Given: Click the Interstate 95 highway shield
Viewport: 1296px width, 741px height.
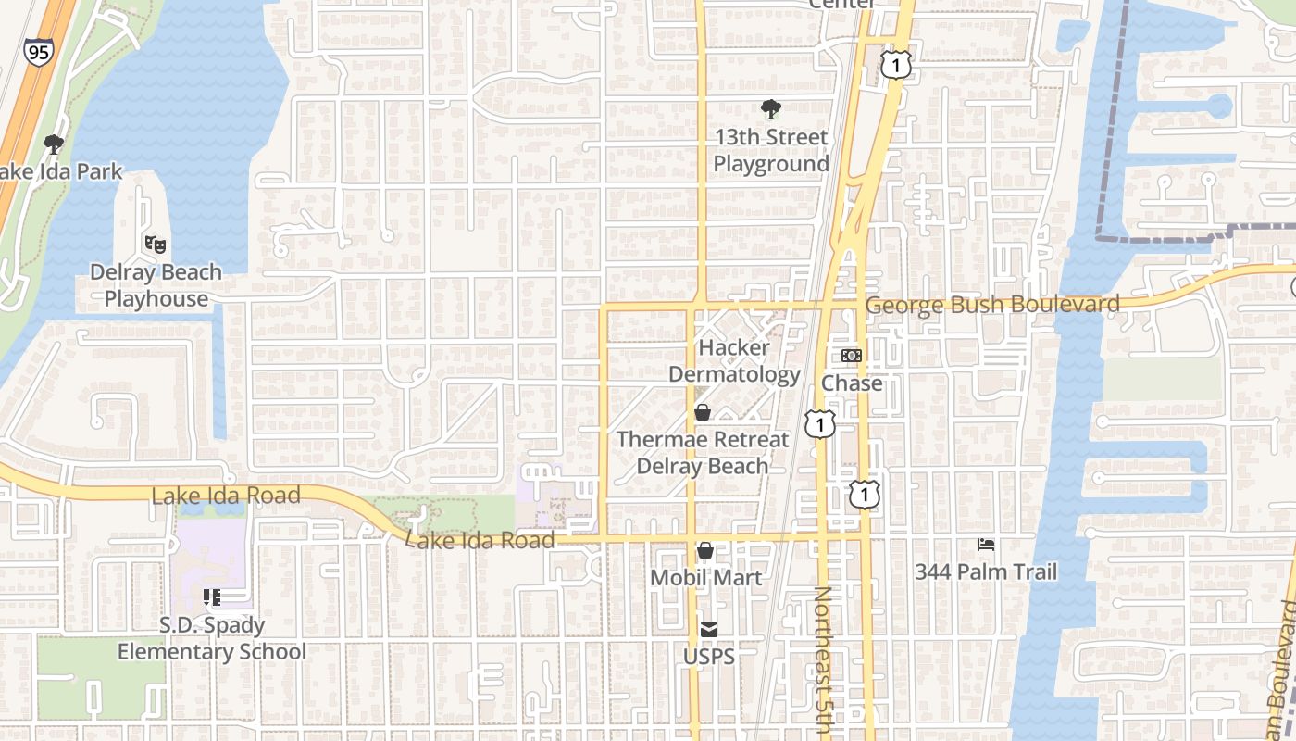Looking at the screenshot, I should click(39, 51).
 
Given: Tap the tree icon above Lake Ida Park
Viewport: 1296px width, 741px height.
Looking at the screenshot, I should click(54, 144).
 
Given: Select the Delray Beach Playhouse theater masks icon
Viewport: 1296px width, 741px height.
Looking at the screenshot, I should click(155, 245).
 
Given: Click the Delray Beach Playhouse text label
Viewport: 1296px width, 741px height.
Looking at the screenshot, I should click(156, 285).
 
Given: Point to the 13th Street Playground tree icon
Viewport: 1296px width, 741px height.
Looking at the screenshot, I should click(770, 110).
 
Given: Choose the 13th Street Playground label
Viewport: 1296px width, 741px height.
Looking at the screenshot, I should click(770, 150).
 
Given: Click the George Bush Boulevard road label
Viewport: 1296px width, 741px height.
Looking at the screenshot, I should click(991, 304).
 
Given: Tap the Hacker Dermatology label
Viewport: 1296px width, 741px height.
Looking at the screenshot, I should click(734, 361).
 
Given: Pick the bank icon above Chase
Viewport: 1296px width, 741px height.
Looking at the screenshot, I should click(852, 356).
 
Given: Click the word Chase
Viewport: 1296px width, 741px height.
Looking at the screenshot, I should click(852, 383).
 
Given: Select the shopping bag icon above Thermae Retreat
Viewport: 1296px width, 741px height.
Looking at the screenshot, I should click(703, 412).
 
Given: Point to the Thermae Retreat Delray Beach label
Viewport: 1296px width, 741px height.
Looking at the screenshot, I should click(703, 453).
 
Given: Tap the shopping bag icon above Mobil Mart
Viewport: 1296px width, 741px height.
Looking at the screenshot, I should click(705, 551).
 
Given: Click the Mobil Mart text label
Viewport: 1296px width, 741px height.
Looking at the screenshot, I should click(705, 578).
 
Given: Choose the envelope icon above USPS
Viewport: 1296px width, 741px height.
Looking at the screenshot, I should click(708, 630).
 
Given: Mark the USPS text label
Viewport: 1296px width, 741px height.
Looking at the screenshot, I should click(708, 657).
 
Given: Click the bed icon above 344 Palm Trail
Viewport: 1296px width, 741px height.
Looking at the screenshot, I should click(986, 545).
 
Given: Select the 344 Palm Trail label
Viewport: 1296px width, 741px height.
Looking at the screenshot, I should click(986, 571).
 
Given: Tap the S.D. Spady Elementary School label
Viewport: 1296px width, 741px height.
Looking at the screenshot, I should click(211, 638).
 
